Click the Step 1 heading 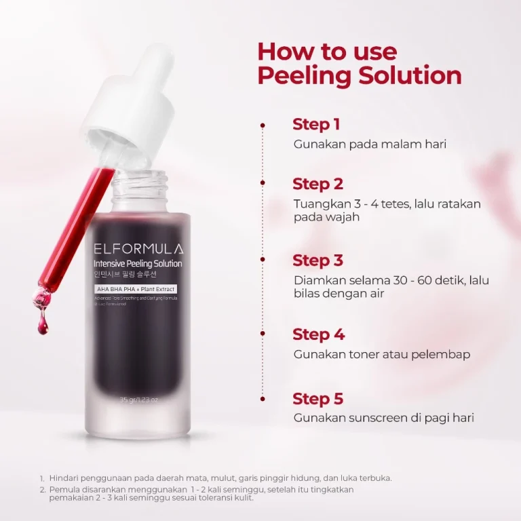click(x=316, y=124)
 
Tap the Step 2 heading click(x=317, y=184)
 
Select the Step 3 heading click(x=317, y=260)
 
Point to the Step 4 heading click(x=318, y=334)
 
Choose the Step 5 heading click(x=317, y=398)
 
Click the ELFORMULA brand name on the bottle click(x=138, y=249)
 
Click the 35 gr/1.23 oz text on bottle click(x=138, y=400)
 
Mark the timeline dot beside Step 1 click(x=263, y=125)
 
